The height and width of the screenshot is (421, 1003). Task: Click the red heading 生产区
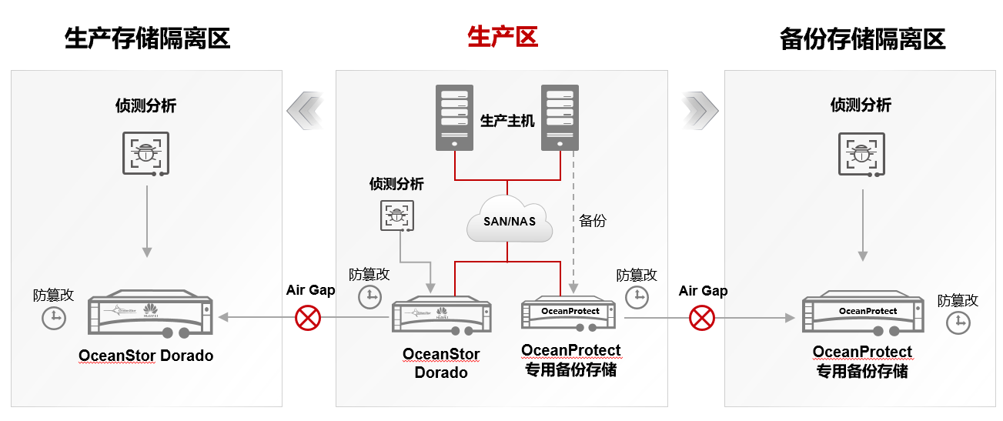click(x=502, y=37)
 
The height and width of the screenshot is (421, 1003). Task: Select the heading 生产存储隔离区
click(x=148, y=38)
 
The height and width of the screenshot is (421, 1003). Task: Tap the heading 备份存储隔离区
click(x=862, y=38)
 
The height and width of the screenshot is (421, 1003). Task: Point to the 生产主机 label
click(x=507, y=121)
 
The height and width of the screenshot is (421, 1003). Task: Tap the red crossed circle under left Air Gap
click(x=308, y=317)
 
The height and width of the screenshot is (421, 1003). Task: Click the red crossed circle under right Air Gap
click(x=701, y=317)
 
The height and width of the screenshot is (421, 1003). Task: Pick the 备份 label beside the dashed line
click(x=593, y=221)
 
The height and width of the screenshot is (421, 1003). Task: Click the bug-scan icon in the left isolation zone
click(x=145, y=152)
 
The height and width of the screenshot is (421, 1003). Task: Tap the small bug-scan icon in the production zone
click(x=397, y=216)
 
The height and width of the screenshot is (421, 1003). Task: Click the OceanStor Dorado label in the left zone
click(x=145, y=356)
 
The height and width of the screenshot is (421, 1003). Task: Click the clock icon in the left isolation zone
click(x=53, y=317)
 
